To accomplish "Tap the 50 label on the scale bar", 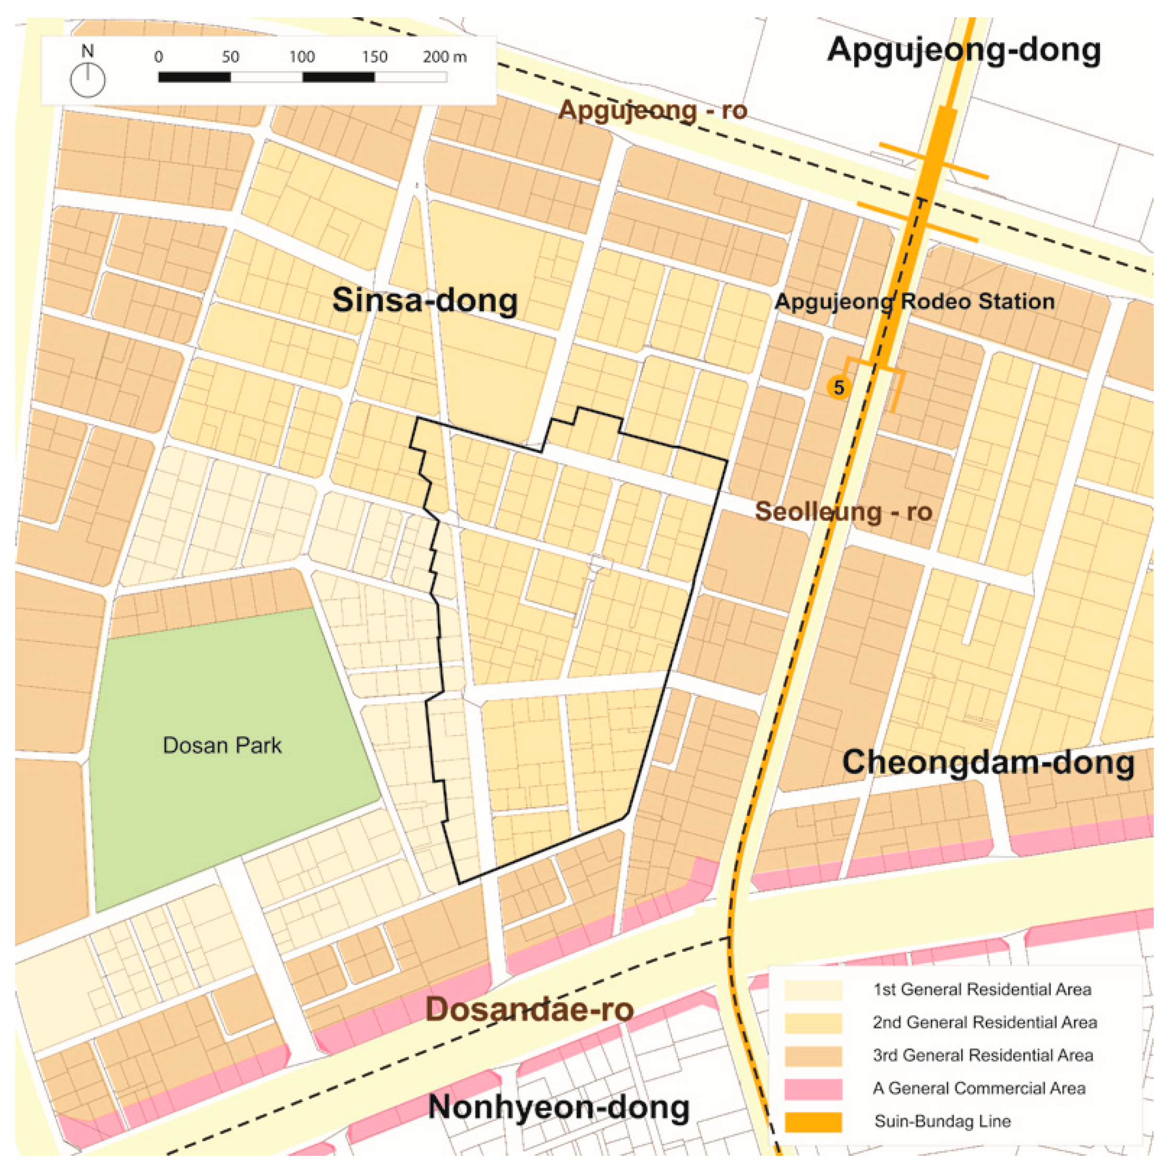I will (230, 57).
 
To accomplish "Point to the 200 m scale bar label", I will (445, 57).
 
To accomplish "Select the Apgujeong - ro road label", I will (652, 111).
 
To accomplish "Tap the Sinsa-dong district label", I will (425, 300).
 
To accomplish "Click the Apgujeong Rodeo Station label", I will (914, 301).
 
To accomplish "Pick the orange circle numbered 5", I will (839, 387).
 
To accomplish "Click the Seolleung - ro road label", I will (843, 511).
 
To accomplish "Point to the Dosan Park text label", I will (222, 746).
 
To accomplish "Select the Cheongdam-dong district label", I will (988, 762).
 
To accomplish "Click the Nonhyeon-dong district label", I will (558, 1107).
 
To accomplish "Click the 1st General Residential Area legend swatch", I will (813, 990).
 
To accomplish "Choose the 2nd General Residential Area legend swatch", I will (813, 1022).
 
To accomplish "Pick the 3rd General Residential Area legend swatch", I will (813, 1055).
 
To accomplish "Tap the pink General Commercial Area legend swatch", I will (813, 1088).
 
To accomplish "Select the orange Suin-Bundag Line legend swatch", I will (813, 1122).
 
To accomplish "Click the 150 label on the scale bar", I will (375, 57).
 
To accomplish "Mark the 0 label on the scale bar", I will (159, 57).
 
